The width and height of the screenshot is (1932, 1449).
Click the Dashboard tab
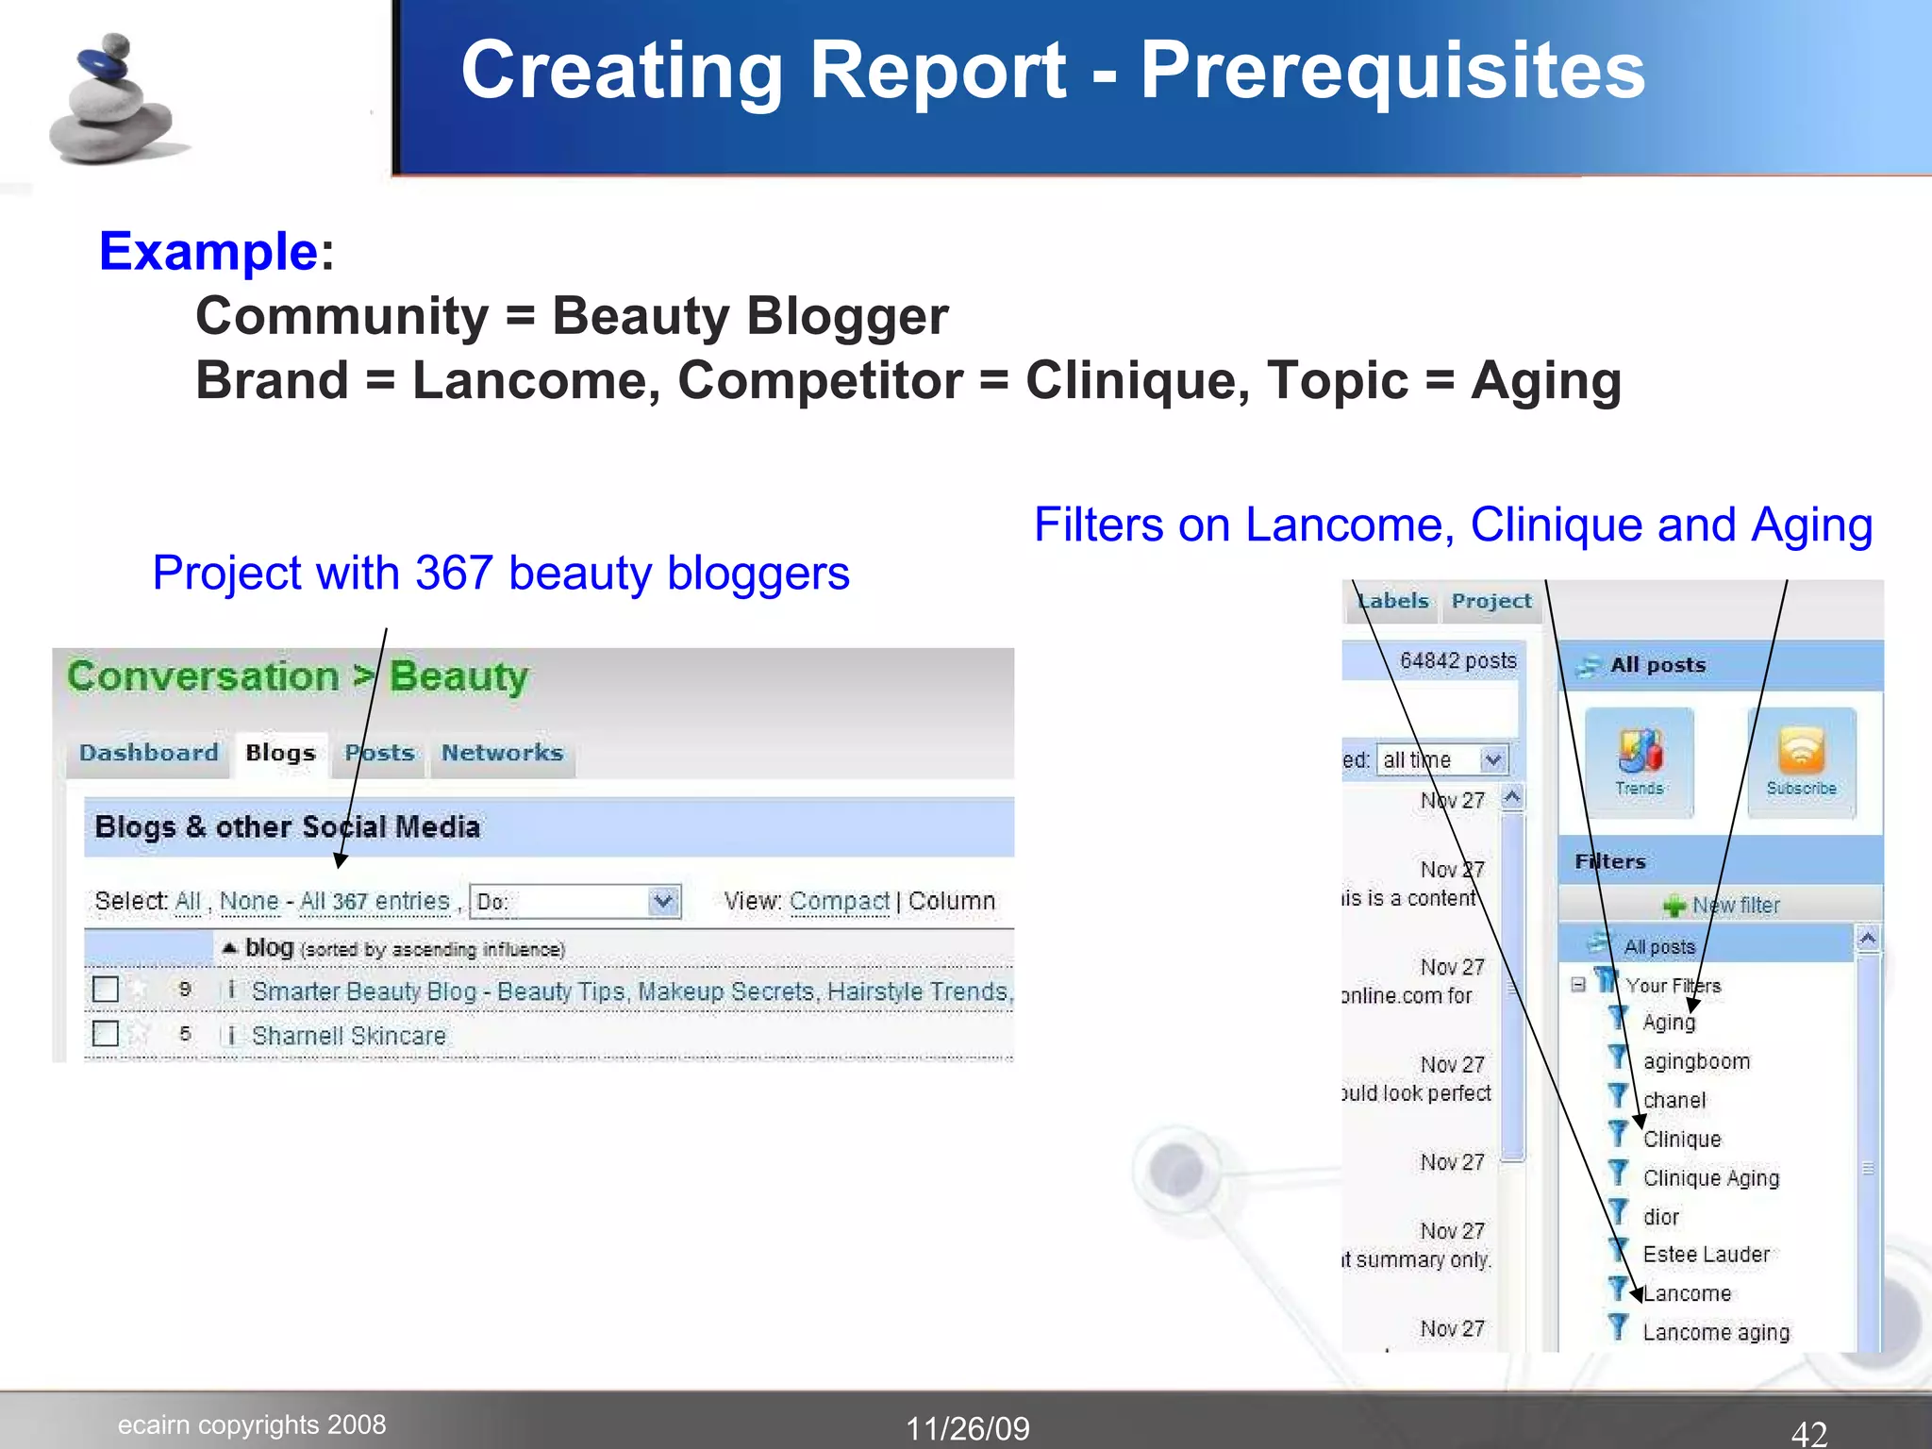pyautogui.click(x=149, y=753)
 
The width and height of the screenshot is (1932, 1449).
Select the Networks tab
pyautogui.click(x=502, y=753)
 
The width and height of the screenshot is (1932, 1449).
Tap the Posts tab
pyautogui.click(x=379, y=753)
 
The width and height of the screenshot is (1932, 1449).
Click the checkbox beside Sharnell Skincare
pyautogui.click(x=106, y=1034)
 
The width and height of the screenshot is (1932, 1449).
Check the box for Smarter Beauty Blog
pyautogui.click(x=106, y=990)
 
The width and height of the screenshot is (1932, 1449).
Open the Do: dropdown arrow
pyautogui.click(x=664, y=901)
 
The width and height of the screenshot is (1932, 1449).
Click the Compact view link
pyautogui.click(x=839, y=901)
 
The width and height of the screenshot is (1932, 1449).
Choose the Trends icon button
pyautogui.click(x=1640, y=760)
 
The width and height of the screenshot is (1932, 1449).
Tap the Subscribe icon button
pyautogui.click(x=1801, y=760)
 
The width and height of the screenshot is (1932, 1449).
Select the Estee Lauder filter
pyautogui.click(x=1706, y=1255)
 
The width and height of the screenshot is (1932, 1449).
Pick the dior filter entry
pyautogui.click(x=1660, y=1217)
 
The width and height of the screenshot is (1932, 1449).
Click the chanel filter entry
pyautogui.click(x=1674, y=1100)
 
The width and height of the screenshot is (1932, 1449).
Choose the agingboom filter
pyautogui.click(x=1695, y=1061)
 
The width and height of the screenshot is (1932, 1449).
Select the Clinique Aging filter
pyautogui.click(x=1710, y=1178)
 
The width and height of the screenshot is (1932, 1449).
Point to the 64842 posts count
pyautogui.click(x=1457, y=660)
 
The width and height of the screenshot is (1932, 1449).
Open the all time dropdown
pyautogui.click(x=1492, y=759)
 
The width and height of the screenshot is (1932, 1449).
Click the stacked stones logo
pyautogui.click(x=113, y=99)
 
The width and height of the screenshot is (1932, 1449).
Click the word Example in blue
pyautogui.click(x=208, y=251)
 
